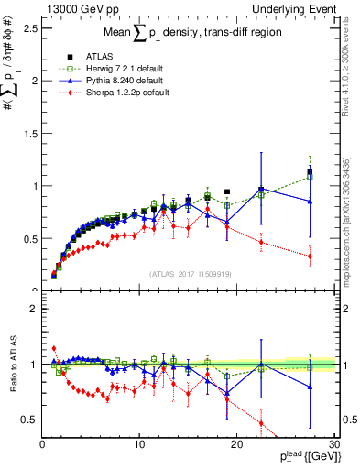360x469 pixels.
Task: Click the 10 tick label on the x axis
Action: click(139, 445)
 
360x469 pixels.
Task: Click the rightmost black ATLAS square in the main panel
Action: click(310, 172)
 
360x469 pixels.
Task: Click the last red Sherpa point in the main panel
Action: click(310, 256)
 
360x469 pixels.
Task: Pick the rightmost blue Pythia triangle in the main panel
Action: click(310, 201)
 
